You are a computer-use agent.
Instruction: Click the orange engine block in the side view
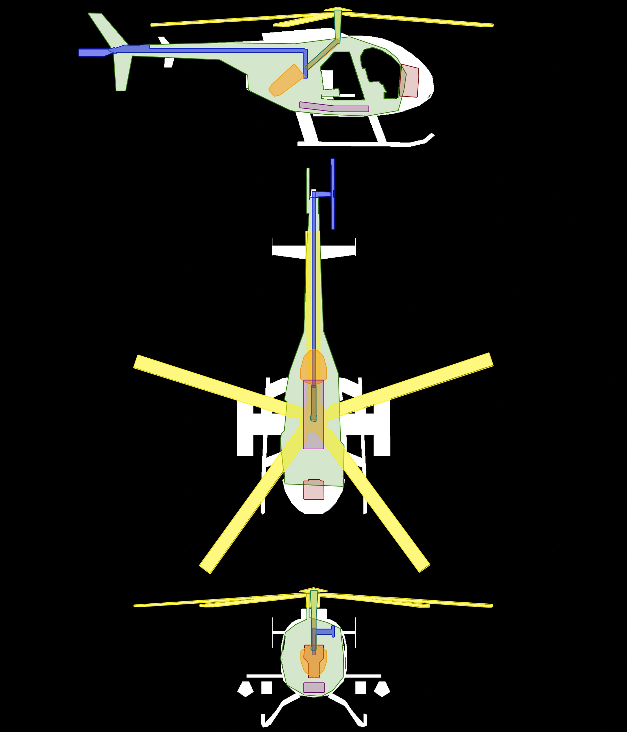[286, 81]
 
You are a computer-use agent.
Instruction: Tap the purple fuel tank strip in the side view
[334, 107]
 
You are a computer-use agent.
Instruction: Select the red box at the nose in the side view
[410, 81]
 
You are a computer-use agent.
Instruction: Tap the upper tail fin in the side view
[106, 30]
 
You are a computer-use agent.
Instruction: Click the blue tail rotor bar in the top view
[333, 194]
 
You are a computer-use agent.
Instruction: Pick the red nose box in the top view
[313, 491]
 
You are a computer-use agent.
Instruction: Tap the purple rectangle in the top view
[313, 440]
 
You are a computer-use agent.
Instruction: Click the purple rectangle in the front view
[314, 687]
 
